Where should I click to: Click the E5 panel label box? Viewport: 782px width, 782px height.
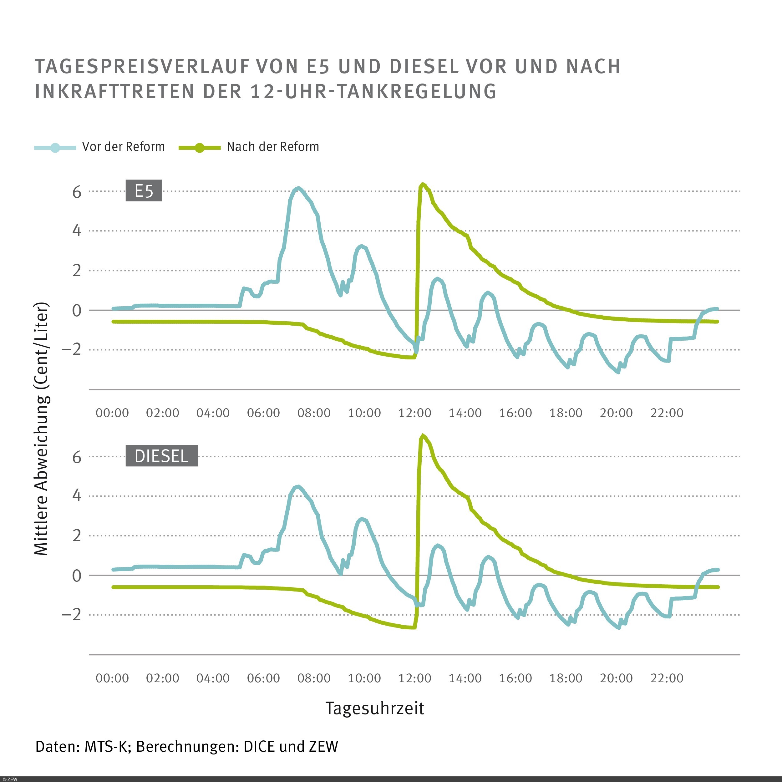[143, 190]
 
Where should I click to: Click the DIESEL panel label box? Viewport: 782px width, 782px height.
[161, 456]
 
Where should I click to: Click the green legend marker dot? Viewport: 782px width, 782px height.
[199, 148]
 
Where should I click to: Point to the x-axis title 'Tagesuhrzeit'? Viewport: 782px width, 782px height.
[374, 708]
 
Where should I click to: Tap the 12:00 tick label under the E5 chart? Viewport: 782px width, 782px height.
[414, 413]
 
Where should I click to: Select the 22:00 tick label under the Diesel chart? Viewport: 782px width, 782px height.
[666, 678]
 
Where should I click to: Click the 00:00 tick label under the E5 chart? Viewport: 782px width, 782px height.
[112, 413]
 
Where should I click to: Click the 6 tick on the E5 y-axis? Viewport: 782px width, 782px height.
[77, 192]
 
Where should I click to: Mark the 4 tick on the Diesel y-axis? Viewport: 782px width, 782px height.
[77, 495]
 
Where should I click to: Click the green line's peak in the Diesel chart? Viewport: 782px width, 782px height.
[423, 436]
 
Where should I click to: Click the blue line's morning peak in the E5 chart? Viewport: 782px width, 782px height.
[298, 188]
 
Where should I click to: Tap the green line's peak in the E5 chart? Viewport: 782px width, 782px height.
[423, 185]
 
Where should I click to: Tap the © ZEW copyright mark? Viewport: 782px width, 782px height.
[10, 779]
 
